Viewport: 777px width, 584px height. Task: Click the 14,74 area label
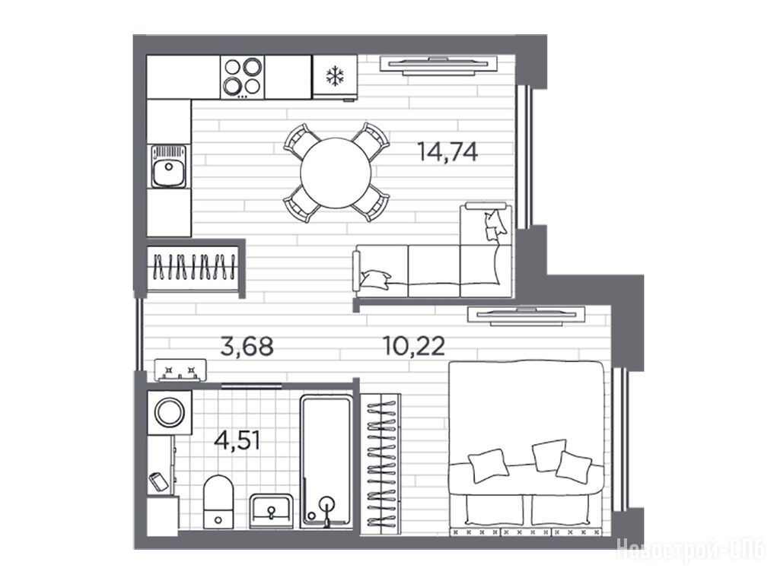447,151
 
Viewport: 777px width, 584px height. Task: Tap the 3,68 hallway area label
247,346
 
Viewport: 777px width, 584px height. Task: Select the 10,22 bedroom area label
414,346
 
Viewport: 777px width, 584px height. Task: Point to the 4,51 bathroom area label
237,440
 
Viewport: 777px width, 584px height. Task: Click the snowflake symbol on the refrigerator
335,76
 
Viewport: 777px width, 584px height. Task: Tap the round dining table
336,173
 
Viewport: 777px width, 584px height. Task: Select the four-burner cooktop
242,77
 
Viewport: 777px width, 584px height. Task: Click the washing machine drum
170,412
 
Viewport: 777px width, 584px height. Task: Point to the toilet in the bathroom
218,501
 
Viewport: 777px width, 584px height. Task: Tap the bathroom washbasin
271,511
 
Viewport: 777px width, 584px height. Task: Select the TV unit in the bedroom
526,316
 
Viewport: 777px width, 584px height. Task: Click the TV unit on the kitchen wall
438,65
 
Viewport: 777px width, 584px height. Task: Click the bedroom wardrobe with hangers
380,464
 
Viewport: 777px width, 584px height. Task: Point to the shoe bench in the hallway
180,370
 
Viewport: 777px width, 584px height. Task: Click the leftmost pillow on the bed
489,465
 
